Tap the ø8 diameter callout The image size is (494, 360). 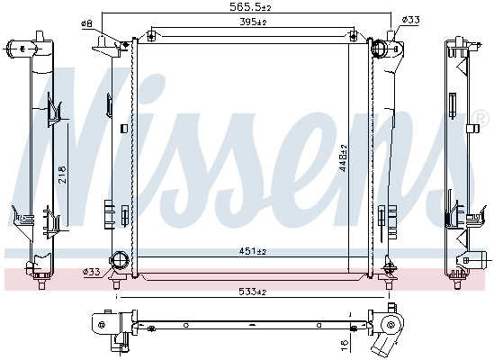pyautogui.click(x=86, y=22)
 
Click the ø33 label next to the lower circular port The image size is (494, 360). pyautogui.click(x=91, y=271)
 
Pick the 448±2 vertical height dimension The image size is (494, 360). pyautogui.click(x=342, y=157)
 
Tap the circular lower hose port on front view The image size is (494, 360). pyautogui.click(x=118, y=263)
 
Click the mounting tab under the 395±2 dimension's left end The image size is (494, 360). pyautogui.click(x=151, y=36)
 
